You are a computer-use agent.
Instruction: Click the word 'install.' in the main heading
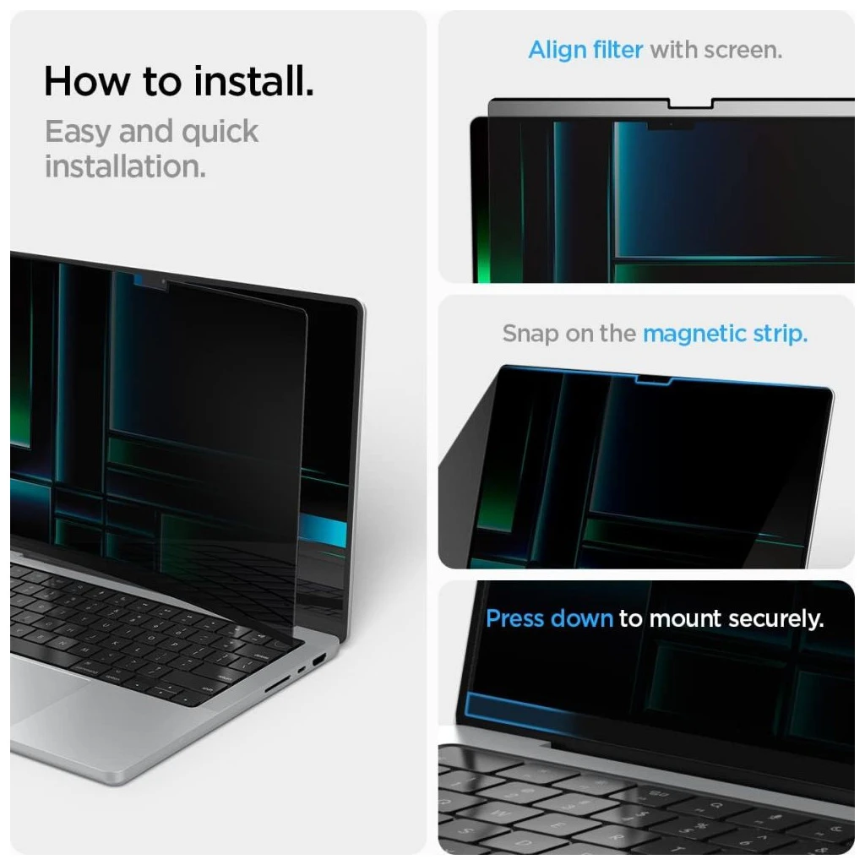click(x=253, y=82)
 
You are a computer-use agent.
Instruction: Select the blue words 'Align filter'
click(x=587, y=50)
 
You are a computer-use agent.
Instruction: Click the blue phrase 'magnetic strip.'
click(x=725, y=333)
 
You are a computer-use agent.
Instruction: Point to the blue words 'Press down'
click(x=549, y=618)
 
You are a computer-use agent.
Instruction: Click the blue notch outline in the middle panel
click(x=654, y=384)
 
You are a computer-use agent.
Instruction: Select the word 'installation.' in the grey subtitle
click(x=125, y=166)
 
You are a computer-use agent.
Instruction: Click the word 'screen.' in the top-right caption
click(x=743, y=50)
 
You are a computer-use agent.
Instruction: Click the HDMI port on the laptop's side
click(x=318, y=656)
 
